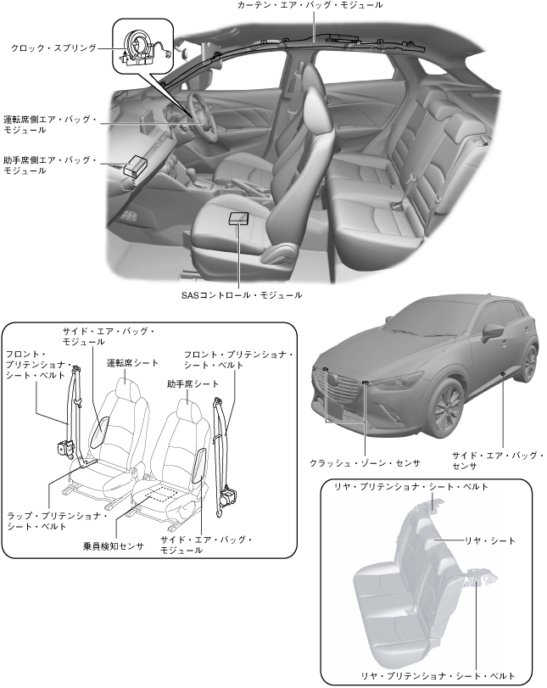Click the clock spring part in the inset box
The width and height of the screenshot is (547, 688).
coord(139,42)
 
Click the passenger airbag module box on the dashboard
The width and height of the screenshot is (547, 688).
coord(133,165)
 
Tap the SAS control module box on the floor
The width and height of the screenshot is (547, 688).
coord(239,217)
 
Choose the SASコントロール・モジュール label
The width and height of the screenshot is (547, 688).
coord(242,295)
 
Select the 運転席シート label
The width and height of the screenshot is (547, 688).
coord(132,362)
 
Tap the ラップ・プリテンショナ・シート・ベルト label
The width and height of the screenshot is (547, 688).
coord(56,521)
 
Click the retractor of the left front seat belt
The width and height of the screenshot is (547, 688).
coord(64,447)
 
